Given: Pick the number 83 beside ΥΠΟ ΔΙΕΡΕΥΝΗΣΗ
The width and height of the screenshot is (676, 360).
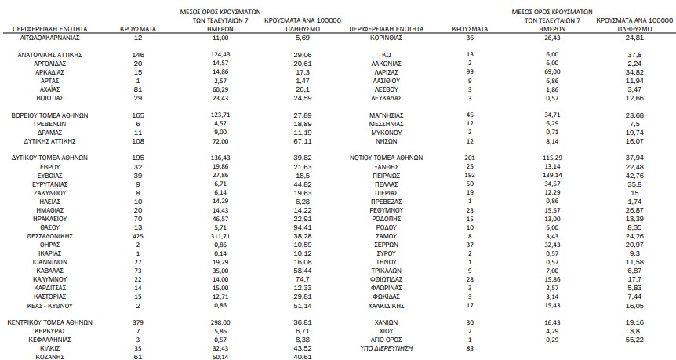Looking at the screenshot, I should point(470,347).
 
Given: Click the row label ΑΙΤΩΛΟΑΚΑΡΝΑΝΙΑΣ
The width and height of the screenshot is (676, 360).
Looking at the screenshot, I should point(53,37).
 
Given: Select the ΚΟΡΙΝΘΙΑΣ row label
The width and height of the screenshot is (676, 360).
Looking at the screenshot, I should point(386,37).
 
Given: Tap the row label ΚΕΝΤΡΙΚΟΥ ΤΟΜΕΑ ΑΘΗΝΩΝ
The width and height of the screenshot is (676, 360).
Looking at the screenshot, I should point(53,322).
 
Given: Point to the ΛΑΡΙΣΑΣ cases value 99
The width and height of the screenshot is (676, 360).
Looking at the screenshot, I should point(470,71).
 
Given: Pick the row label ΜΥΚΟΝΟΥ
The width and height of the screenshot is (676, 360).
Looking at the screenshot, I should point(386,133).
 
